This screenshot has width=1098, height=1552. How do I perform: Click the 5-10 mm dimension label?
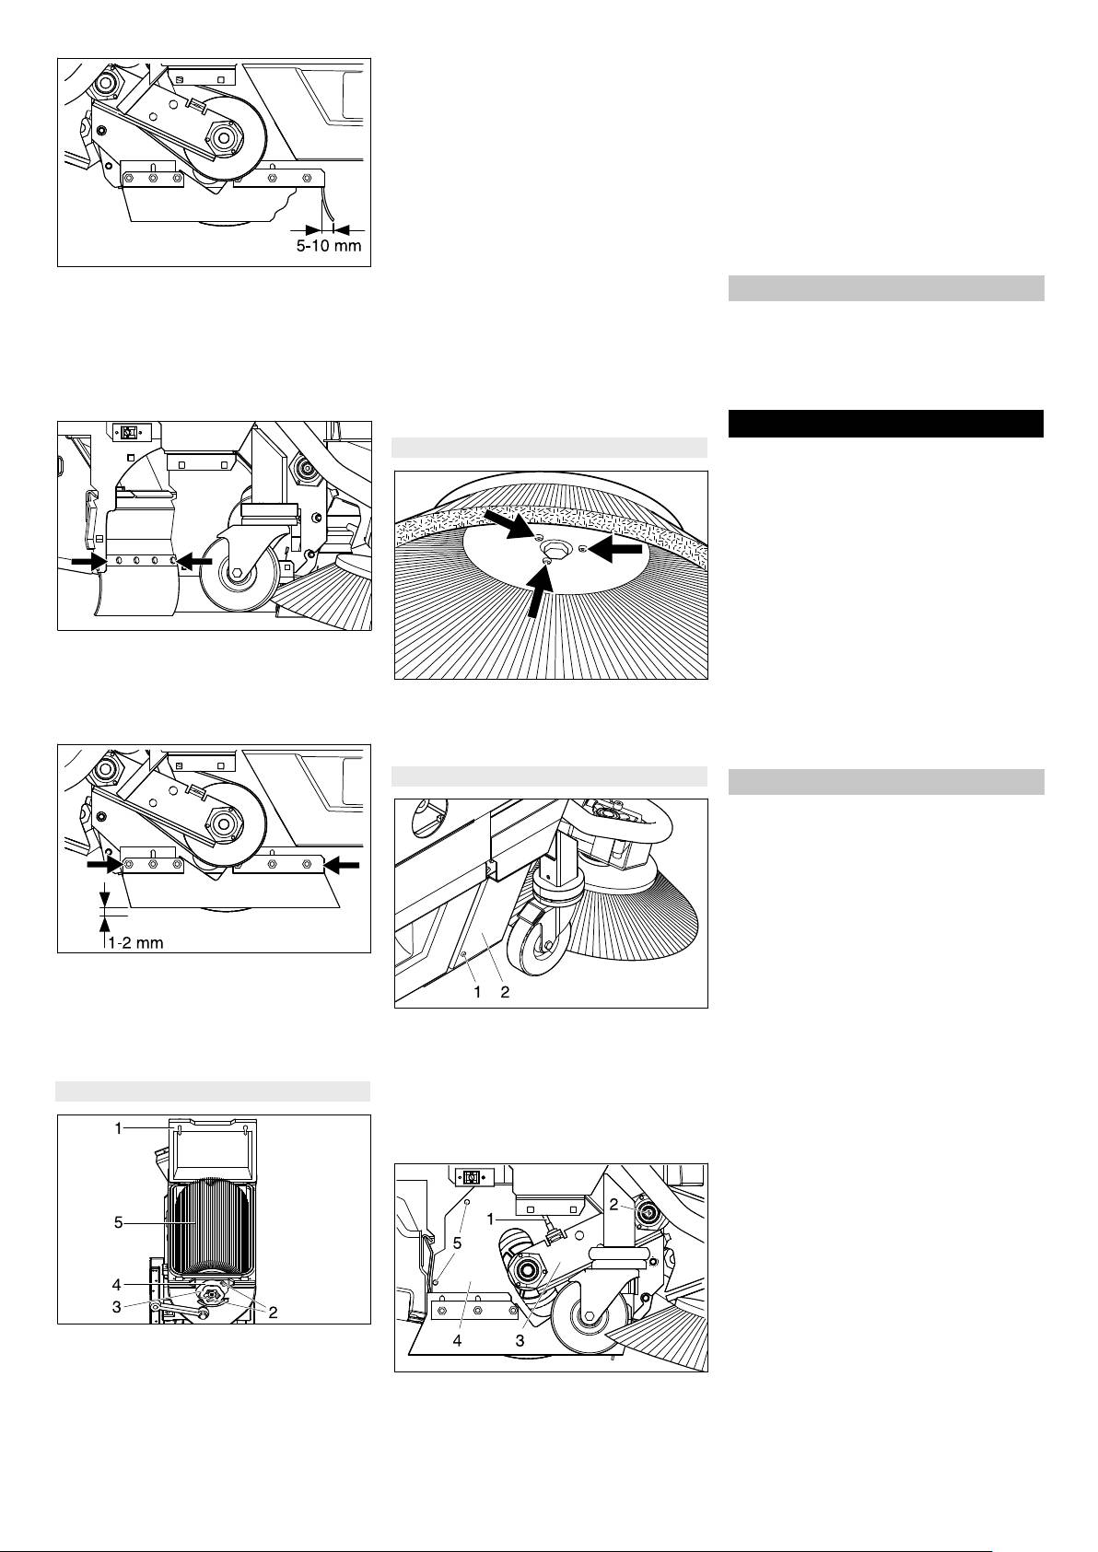(x=329, y=246)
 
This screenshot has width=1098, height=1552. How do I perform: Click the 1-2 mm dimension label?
(x=135, y=942)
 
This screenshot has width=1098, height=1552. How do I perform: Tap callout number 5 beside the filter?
(x=119, y=1223)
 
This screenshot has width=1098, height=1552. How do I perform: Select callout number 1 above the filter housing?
(x=119, y=1128)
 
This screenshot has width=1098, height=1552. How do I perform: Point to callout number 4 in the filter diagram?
(x=116, y=1285)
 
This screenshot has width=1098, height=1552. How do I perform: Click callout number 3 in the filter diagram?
(x=116, y=1307)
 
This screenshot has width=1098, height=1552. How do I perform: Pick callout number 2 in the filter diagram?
(x=273, y=1313)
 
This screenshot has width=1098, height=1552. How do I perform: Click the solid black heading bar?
(x=886, y=424)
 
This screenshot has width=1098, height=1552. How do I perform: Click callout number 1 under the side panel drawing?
(x=477, y=992)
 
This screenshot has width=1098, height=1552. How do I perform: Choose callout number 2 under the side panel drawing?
(x=505, y=992)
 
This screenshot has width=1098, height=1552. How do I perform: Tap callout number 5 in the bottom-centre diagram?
(x=457, y=1243)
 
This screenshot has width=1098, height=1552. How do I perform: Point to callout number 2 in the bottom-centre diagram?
(x=613, y=1205)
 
